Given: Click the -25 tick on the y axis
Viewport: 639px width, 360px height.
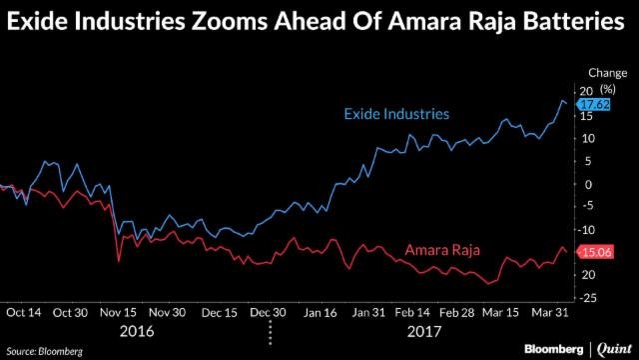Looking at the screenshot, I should coord(586,297).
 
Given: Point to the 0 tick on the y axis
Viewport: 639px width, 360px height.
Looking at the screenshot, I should coord(586,184).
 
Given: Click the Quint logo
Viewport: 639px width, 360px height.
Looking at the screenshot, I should coord(611,347).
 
